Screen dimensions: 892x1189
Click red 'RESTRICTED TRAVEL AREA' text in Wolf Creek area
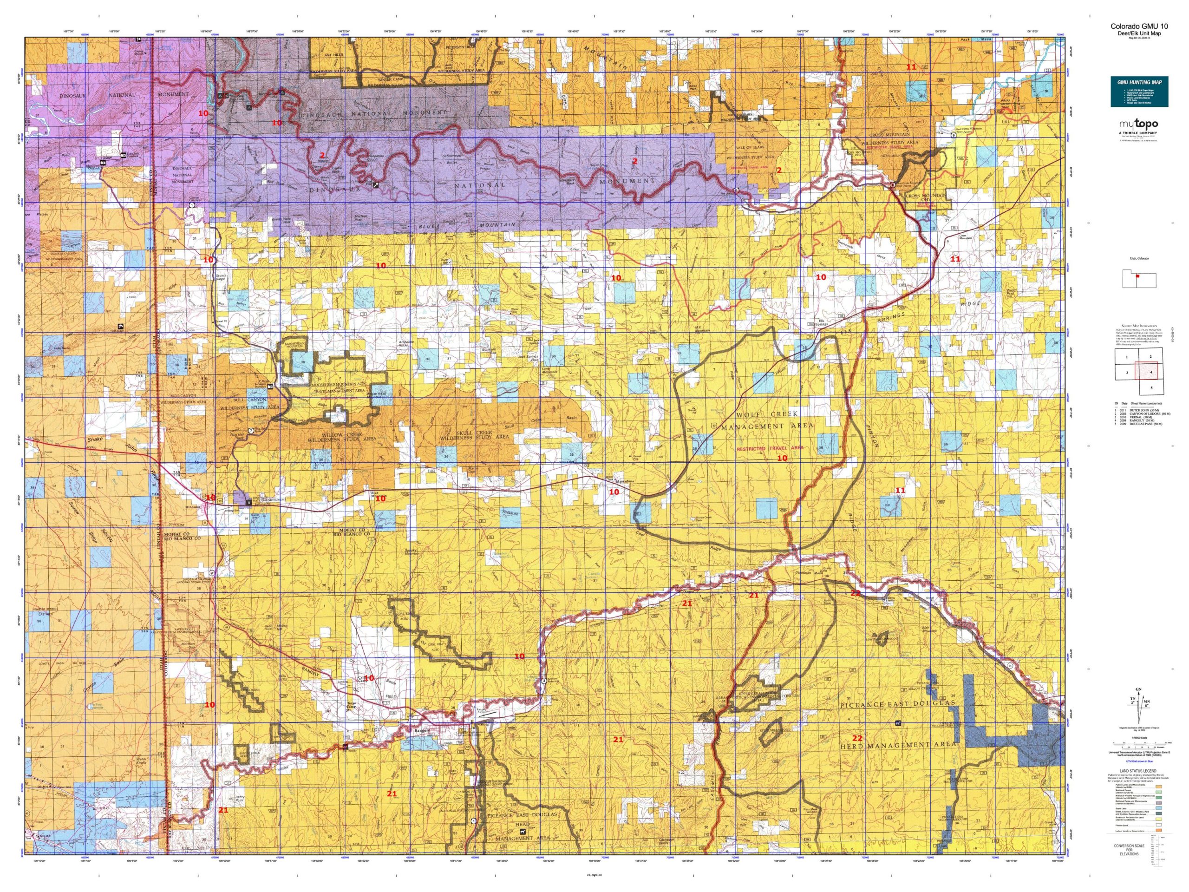(769, 447)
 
